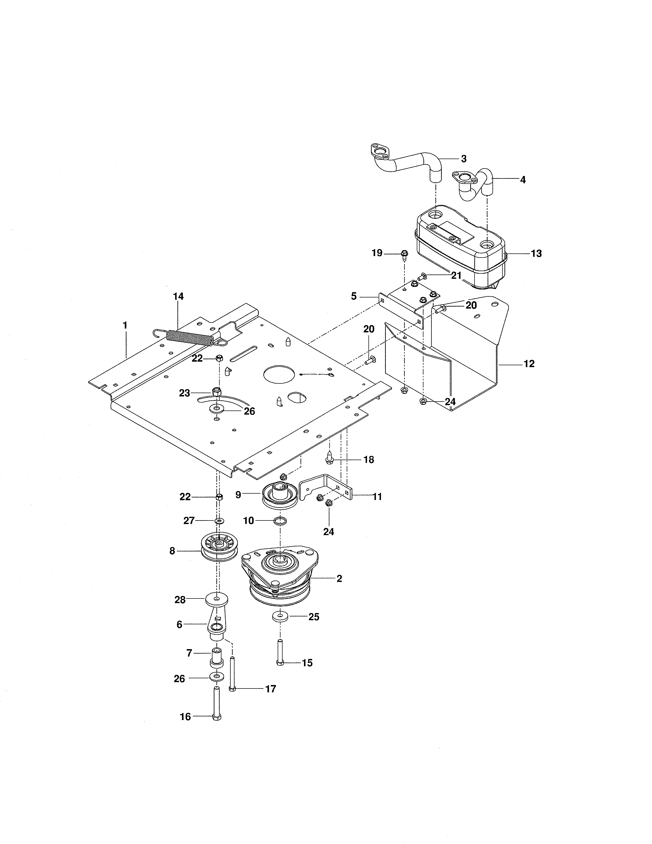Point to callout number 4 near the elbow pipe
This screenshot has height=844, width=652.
tap(523, 180)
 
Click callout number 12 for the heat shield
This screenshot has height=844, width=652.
tap(529, 364)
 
